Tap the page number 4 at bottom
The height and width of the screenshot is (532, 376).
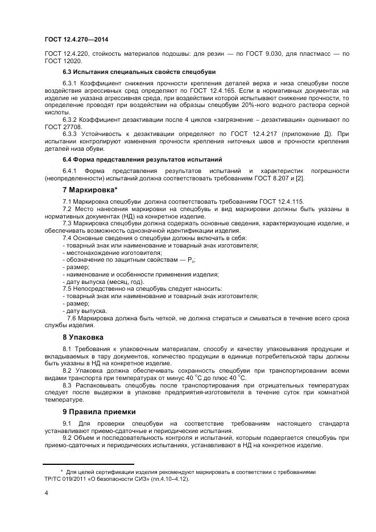tap(46, 493)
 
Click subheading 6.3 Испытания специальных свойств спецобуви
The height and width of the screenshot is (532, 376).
tap(139, 72)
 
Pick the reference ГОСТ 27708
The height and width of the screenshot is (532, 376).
tap(63, 127)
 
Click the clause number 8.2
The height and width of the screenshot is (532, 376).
tap(68, 370)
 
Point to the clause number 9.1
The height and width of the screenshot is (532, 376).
tap(67, 424)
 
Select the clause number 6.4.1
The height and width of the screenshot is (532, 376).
tap(70, 170)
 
